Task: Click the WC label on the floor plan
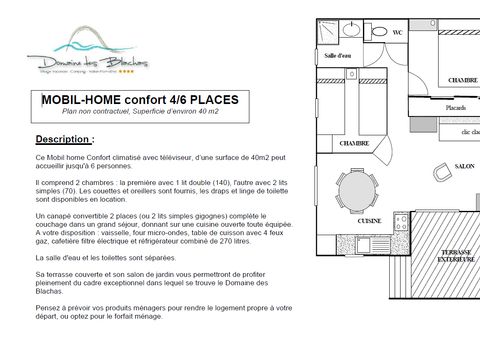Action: pos(397,33)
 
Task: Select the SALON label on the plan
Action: pos(464,166)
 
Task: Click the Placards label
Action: pos(428,109)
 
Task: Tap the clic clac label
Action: pos(468,132)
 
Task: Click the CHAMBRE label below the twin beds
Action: pos(326,143)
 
